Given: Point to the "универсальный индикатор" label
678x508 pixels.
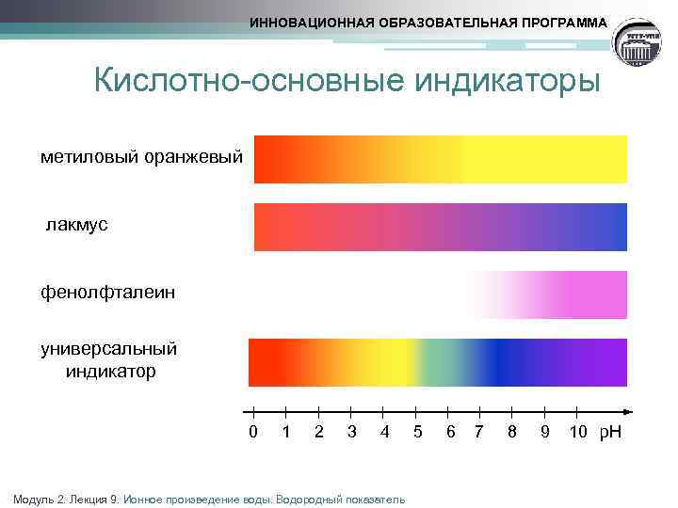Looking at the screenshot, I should click(x=109, y=359).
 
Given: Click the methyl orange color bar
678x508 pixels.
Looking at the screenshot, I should click(x=440, y=158).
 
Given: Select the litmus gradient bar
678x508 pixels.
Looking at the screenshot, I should click(x=440, y=226).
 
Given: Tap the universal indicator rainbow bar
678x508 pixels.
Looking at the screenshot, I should click(x=437, y=362).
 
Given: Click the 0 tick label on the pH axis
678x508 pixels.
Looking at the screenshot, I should click(x=252, y=432).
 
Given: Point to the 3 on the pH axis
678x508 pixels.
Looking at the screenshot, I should click(x=351, y=432).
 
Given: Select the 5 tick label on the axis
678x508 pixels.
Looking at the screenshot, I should click(x=416, y=432).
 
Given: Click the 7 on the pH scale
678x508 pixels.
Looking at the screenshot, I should click(x=479, y=432).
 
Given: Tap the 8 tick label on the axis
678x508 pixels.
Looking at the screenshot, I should click(x=511, y=432).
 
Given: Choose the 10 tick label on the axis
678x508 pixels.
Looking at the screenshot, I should click(x=578, y=432).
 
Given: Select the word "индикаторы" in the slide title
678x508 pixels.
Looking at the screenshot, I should click(x=505, y=81).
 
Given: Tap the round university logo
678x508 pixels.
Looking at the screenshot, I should click(x=640, y=44).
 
